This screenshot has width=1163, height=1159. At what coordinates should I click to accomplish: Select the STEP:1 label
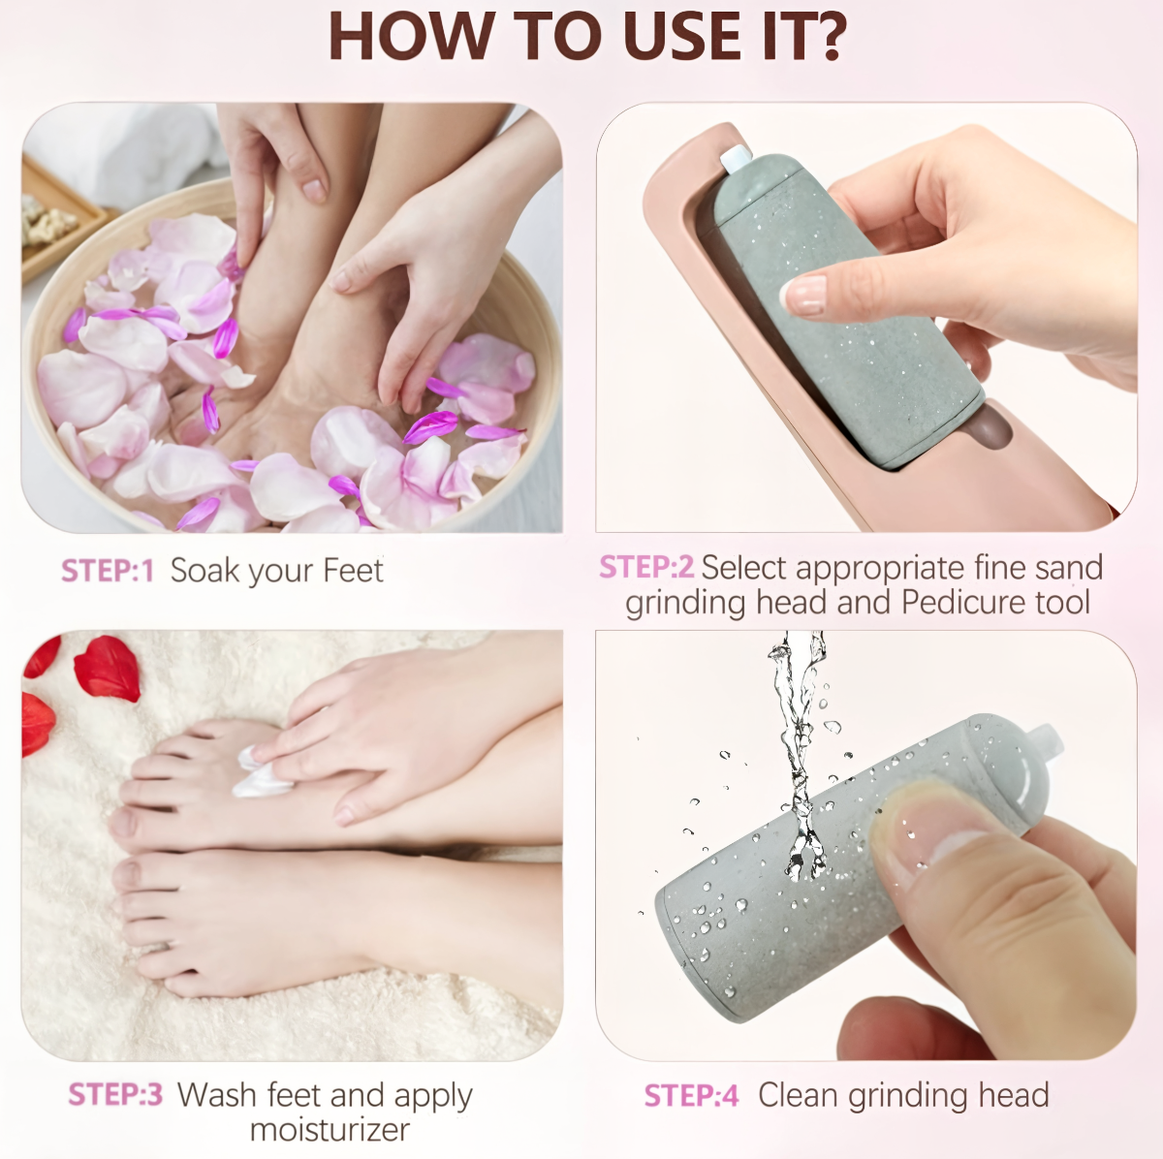(x=108, y=571)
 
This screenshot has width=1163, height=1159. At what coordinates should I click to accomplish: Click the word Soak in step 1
(x=204, y=570)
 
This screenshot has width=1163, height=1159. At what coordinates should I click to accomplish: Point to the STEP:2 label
(x=646, y=567)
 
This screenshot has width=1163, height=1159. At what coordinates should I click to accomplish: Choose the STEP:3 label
(x=115, y=1094)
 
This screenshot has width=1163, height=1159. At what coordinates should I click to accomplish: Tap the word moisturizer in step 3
(x=330, y=1130)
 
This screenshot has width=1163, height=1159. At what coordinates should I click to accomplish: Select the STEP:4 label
(x=692, y=1095)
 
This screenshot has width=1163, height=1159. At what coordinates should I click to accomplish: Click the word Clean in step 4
(x=798, y=1094)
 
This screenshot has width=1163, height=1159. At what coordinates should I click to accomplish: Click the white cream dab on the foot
(x=260, y=772)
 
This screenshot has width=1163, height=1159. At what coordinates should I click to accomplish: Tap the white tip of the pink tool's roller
(x=735, y=159)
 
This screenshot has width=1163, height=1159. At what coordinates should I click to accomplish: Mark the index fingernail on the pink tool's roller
(x=803, y=296)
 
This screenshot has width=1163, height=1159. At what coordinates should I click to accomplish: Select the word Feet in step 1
(x=353, y=570)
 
